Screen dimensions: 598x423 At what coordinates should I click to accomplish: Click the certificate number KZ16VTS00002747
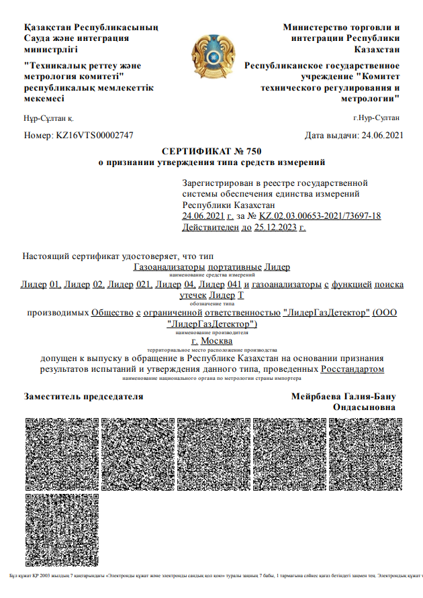point(95,135)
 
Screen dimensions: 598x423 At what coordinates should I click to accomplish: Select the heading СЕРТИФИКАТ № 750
point(212,151)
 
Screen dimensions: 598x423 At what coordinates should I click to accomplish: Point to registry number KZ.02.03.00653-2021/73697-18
point(320,215)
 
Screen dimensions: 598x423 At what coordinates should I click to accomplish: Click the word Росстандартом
point(352,368)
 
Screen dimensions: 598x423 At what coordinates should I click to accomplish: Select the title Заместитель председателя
point(84,396)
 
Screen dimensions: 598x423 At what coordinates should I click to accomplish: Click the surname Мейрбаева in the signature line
point(318,396)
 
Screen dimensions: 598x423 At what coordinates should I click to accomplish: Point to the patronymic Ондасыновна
point(364,407)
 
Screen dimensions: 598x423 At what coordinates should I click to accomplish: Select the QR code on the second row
point(60,532)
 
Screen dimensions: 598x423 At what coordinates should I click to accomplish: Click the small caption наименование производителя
point(211,332)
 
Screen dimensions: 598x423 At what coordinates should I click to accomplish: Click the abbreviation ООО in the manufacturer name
point(387,312)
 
